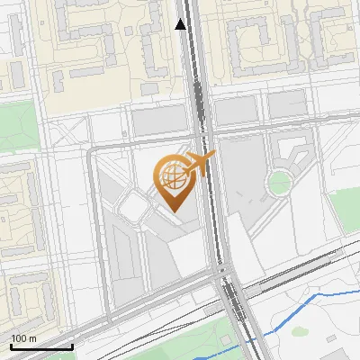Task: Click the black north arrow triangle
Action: click(181, 24)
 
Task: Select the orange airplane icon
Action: click(200, 162)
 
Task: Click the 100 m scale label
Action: click(23, 338)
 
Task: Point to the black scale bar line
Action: click(41, 346)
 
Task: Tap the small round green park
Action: click(280, 183)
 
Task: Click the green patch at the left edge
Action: click(16, 126)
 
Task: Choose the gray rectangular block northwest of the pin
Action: click(158, 121)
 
